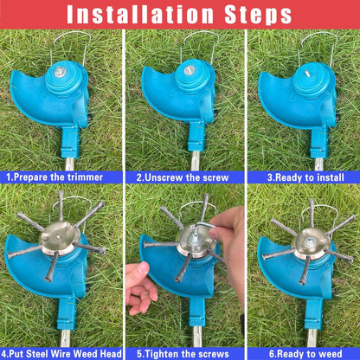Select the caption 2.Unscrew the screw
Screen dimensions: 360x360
click(x=182, y=177)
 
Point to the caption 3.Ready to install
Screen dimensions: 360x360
click(x=302, y=177)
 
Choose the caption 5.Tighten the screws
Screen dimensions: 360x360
click(x=182, y=353)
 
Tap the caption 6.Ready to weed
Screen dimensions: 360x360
click(x=302, y=353)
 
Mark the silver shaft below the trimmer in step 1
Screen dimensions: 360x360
click(x=67, y=163)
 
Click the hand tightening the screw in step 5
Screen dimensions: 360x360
click(x=229, y=242)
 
